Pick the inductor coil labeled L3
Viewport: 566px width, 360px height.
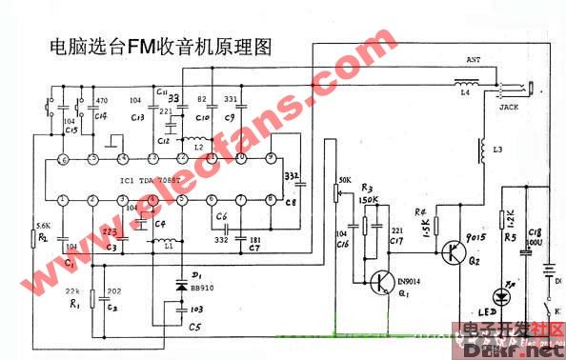coord(483,153)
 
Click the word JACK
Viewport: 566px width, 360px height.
coord(509,108)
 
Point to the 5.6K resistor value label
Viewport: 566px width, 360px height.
coord(42,225)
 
